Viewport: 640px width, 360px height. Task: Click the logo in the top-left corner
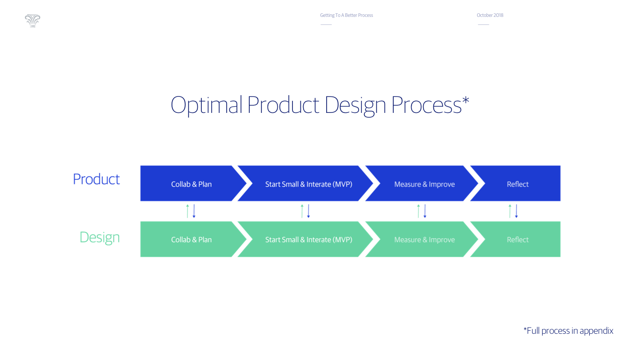click(x=32, y=20)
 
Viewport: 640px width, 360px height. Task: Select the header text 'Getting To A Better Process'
click(x=346, y=15)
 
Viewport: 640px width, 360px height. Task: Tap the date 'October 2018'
click(x=490, y=15)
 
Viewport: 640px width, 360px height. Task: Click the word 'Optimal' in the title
click(x=206, y=105)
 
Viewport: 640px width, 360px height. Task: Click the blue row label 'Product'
click(x=96, y=179)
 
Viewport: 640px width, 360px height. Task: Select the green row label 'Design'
click(x=100, y=237)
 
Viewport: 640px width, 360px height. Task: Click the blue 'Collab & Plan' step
click(x=191, y=184)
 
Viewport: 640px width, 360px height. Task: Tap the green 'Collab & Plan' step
click(x=191, y=240)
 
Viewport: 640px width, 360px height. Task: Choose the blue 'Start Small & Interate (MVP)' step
click(x=308, y=184)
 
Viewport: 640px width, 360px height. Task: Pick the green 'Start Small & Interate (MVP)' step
click(x=308, y=240)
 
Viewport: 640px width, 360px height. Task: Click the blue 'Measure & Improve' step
click(x=424, y=184)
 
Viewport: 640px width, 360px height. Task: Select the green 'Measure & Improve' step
click(x=424, y=240)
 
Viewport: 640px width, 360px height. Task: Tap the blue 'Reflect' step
click(x=517, y=184)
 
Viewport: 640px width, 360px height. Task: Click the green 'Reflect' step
click(x=517, y=240)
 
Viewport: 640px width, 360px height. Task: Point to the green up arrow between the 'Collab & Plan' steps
click(x=188, y=211)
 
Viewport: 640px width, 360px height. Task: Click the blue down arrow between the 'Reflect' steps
click(x=516, y=211)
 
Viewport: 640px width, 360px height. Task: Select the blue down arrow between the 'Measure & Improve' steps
click(x=425, y=211)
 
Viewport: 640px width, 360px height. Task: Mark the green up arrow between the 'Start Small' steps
click(x=302, y=211)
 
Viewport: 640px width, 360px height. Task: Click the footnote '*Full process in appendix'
click(x=568, y=331)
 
